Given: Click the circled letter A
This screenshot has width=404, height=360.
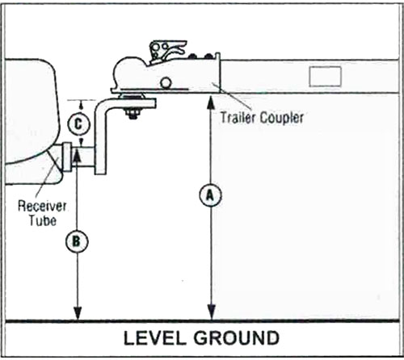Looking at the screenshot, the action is pos(210,195).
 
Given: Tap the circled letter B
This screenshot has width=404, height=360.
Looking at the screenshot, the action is pos(77,241).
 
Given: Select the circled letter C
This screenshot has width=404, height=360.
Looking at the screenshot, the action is pos(78,124).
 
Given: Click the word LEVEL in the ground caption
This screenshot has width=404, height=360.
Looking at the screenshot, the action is pos(154,338).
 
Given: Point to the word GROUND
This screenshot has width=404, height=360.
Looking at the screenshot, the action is pos(237,338).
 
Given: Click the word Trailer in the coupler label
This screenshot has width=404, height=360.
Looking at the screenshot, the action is pos(237,118).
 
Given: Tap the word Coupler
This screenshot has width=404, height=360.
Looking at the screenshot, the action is pos(282,119).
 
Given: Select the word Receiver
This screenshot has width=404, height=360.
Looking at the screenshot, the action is pos(42,207).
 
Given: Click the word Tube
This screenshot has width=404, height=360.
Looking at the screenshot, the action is pos(43,220).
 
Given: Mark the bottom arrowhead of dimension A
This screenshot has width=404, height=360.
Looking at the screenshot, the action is pos(212,312).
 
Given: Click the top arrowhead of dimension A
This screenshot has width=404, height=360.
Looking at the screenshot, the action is pos(212,103).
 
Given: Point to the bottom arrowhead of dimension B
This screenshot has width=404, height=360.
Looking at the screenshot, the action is pos(78,312).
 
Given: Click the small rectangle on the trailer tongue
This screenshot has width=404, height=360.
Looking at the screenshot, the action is pos(325,77).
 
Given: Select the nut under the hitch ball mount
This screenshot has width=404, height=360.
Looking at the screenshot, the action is pos(132,113).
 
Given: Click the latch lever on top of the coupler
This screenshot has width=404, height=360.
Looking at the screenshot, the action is pos(168,50).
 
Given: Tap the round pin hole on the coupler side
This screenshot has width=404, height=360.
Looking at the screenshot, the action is pos(166,82).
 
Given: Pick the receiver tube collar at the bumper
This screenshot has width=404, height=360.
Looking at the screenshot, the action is pos(66,158).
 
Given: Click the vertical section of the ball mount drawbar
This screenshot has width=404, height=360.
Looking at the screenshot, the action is pos(100,140).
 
